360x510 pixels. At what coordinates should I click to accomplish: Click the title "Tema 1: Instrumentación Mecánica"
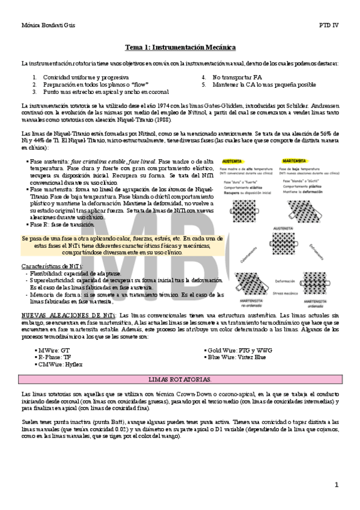[x=180, y=47]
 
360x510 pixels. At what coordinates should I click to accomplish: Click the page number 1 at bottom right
[x=337, y=484]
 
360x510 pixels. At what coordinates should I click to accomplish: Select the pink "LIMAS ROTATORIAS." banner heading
[x=180, y=379]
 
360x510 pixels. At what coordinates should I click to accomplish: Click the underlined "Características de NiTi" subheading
[x=52, y=265]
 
